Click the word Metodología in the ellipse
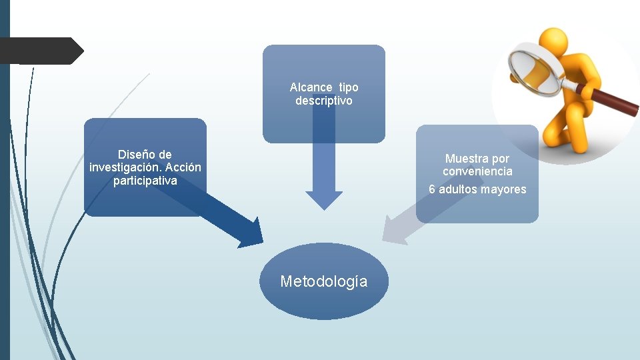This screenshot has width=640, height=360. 323,281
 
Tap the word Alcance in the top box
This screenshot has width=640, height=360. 311,87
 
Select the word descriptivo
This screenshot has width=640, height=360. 324,101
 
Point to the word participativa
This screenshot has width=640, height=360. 145,181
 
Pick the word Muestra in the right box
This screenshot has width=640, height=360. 467,159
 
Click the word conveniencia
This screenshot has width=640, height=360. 477,171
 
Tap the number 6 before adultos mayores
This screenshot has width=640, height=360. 432,189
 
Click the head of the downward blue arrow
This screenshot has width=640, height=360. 324,200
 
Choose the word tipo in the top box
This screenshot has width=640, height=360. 348,87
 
